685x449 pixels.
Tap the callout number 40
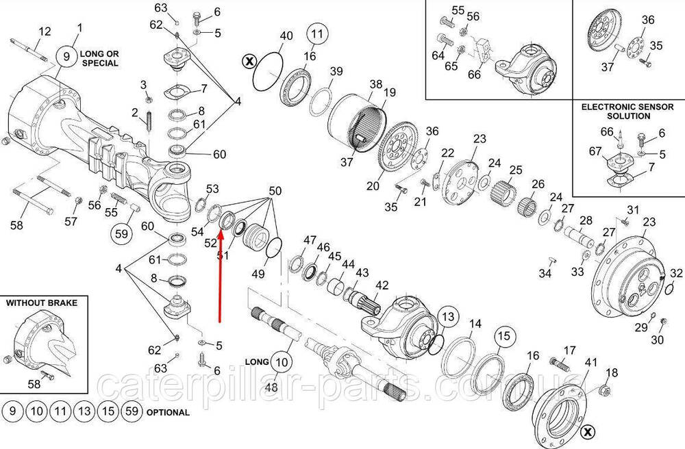point(286,36)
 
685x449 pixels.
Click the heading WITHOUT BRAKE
point(42,303)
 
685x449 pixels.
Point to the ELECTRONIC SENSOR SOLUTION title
point(627,112)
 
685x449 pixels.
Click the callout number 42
point(382,285)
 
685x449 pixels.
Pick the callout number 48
point(271,387)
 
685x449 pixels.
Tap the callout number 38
point(375,84)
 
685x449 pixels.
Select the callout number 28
point(586,220)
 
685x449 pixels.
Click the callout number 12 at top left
point(45,31)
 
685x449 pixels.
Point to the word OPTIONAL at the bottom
point(168,412)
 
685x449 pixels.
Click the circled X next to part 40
point(249,62)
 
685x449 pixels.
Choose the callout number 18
point(612,372)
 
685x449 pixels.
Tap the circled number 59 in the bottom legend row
point(132,411)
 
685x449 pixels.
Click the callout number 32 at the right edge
point(676,273)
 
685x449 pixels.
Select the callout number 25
point(516,170)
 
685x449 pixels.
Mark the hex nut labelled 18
point(603,389)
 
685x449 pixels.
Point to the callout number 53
point(212,189)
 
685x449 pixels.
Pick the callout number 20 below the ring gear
point(373,186)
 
